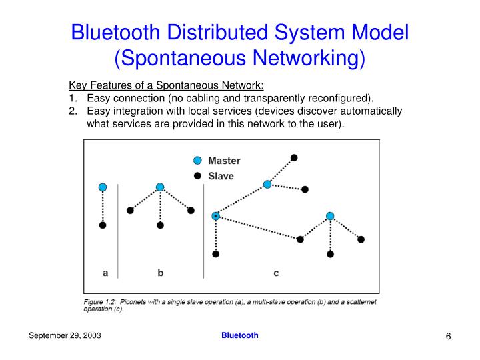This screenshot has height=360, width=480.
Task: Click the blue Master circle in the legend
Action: pyautogui.click(x=197, y=161)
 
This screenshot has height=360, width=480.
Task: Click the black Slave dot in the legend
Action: pyautogui.click(x=197, y=176)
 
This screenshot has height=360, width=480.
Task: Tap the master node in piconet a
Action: pyautogui.click(x=102, y=187)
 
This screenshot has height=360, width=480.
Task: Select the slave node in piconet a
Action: pyautogui.click(x=102, y=225)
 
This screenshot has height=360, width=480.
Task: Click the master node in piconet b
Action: pyautogui.click(x=160, y=187)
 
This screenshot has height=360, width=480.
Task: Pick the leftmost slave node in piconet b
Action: pyautogui.click(x=130, y=211)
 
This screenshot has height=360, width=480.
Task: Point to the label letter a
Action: pyautogui.click(x=105, y=272)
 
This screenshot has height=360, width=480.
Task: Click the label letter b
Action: pyautogui.click(x=161, y=272)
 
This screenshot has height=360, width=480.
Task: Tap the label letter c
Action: pyautogui.click(x=276, y=272)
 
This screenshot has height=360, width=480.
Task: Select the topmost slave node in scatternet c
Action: pyautogui.click(x=294, y=157)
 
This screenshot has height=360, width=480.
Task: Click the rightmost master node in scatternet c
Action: pyautogui.click(x=330, y=216)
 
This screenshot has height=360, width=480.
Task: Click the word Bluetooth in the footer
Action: pyautogui.click(x=239, y=335)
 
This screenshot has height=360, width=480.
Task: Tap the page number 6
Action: pyautogui.click(x=449, y=337)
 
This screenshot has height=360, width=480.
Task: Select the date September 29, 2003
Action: pyautogui.click(x=65, y=336)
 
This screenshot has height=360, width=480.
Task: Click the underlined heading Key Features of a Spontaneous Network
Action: pyautogui.click(x=167, y=85)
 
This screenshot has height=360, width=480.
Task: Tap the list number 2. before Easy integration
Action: pyautogui.click(x=73, y=111)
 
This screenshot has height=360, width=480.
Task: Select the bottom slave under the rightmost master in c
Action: pyautogui.click(x=330, y=254)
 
